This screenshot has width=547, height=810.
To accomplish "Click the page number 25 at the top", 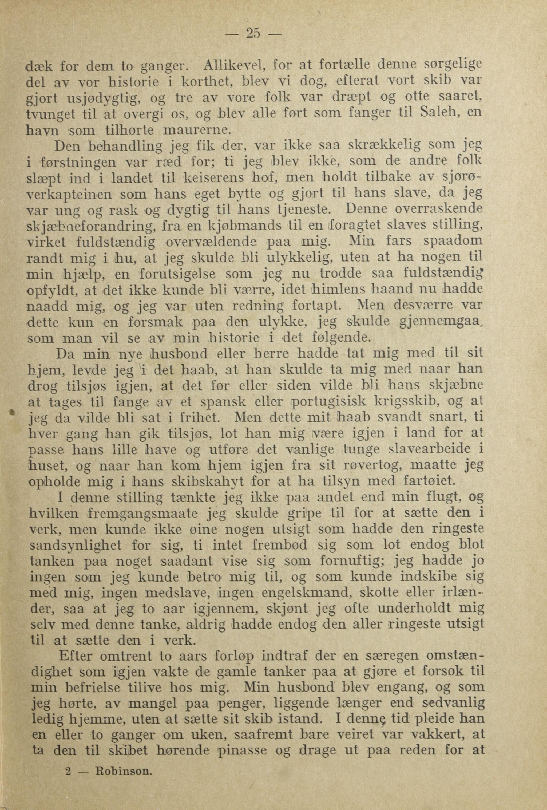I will coord(253,34).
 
